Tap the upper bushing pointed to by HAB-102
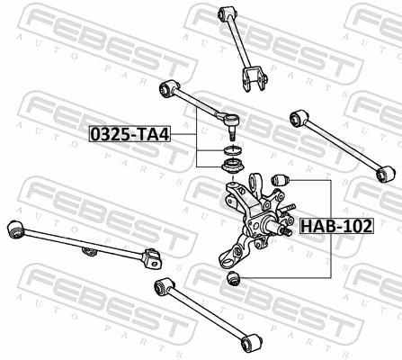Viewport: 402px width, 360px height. (x=277, y=183)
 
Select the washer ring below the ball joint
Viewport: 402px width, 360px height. (x=230, y=149)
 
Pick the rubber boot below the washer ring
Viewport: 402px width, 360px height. (x=230, y=167)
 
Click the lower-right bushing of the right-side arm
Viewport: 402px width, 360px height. (x=389, y=172)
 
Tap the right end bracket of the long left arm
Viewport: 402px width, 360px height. (x=154, y=260)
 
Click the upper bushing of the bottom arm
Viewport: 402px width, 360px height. (x=162, y=286)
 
